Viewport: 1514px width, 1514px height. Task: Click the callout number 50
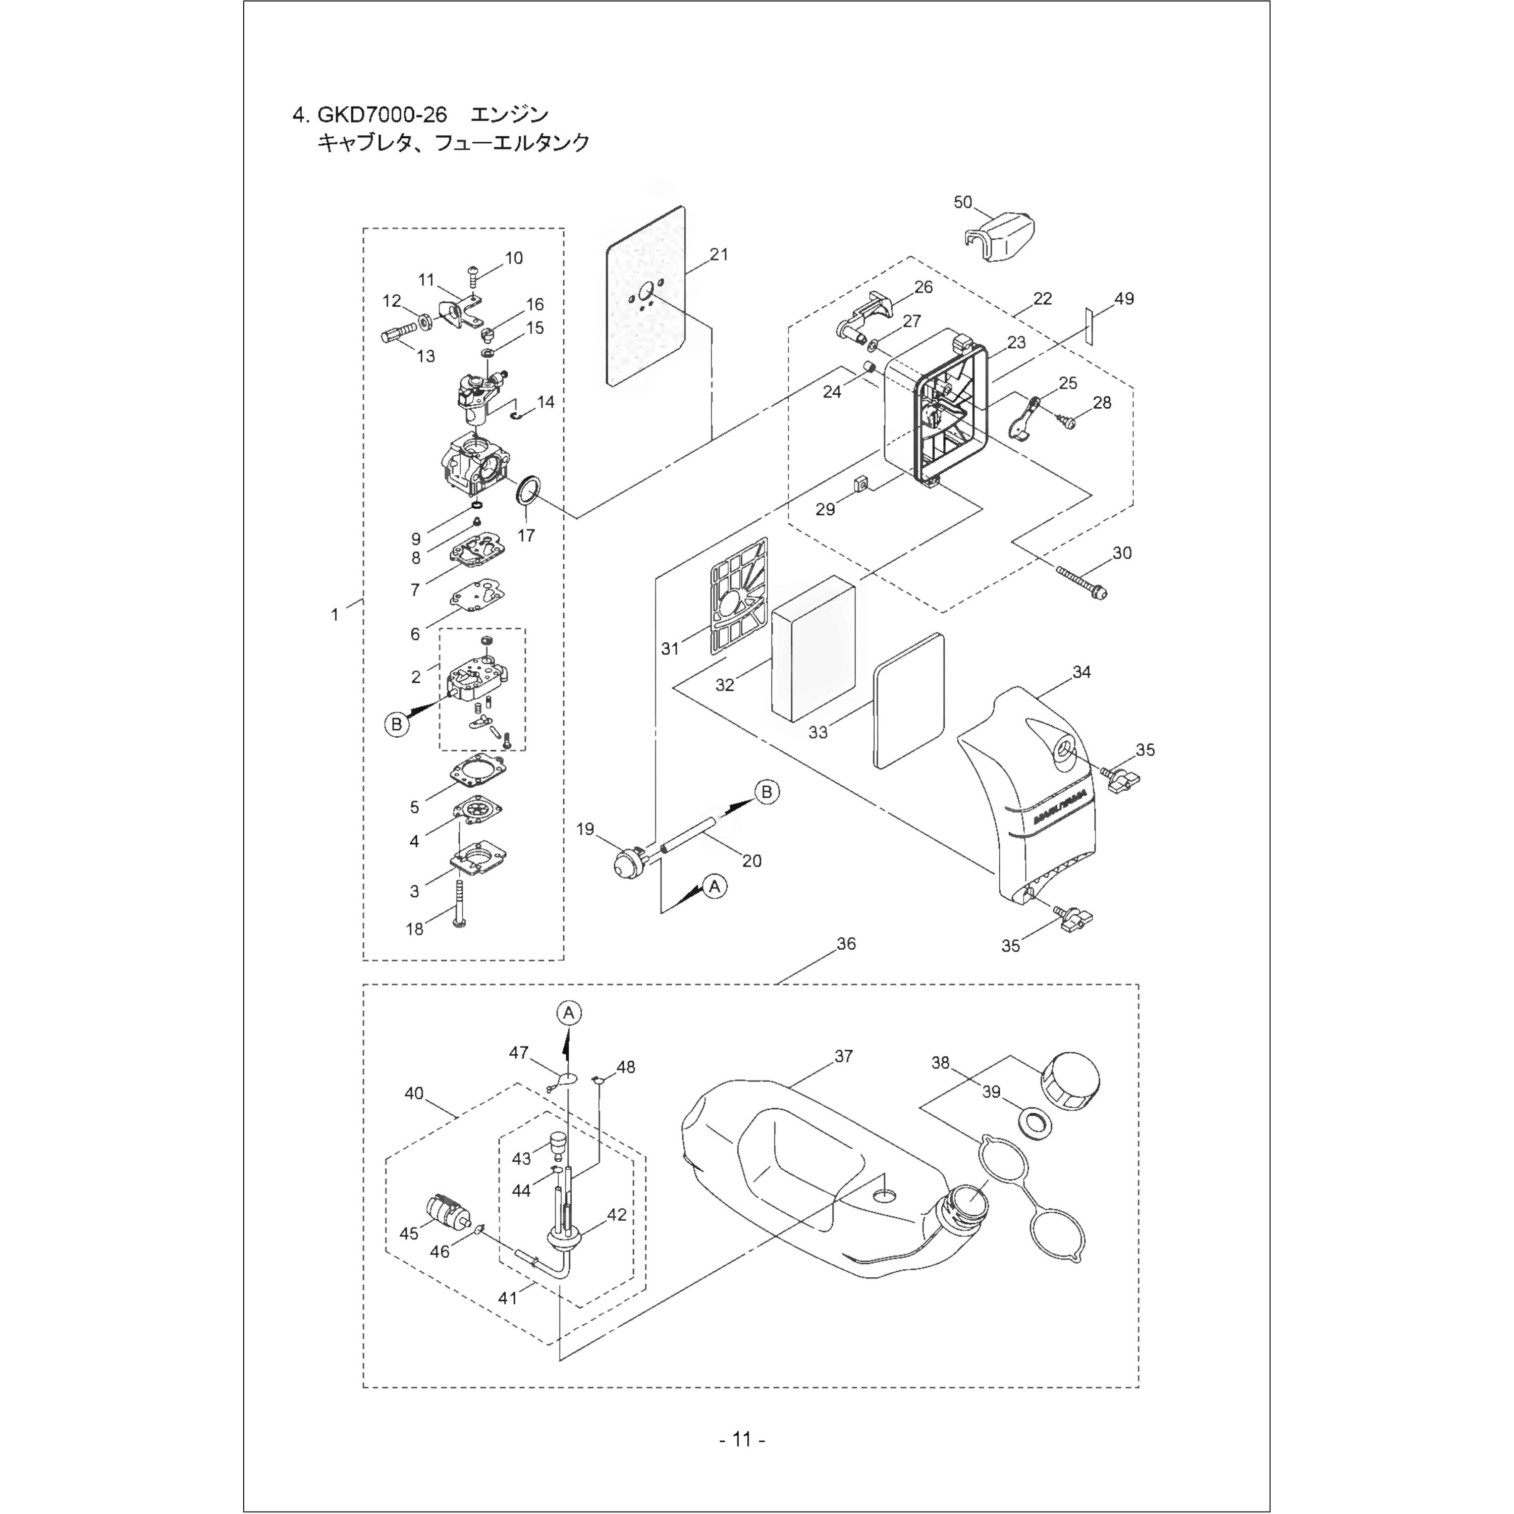[x=962, y=202]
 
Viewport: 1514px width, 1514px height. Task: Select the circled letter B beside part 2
[x=397, y=724]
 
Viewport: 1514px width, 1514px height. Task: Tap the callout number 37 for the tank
[x=843, y=1056]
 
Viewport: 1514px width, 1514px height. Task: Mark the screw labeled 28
[x=1068, y=421]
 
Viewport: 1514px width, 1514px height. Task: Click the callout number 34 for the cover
[x=1082, y=672]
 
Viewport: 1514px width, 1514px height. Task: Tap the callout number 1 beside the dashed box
[x=336, y=615]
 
